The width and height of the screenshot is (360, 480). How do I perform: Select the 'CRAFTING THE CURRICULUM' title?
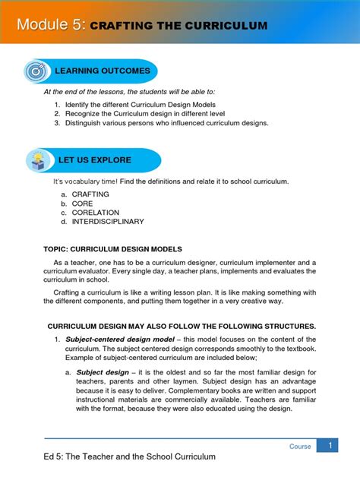click(x=178, y=27)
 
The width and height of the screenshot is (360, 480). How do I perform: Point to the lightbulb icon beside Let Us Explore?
click(x=36, y=160)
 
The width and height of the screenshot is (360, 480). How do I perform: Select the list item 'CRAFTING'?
click(x=90, y=194)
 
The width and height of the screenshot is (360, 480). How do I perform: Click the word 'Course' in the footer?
click(x=300, y=447)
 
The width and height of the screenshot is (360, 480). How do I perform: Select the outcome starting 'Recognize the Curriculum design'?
click(x=149, y=114)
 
